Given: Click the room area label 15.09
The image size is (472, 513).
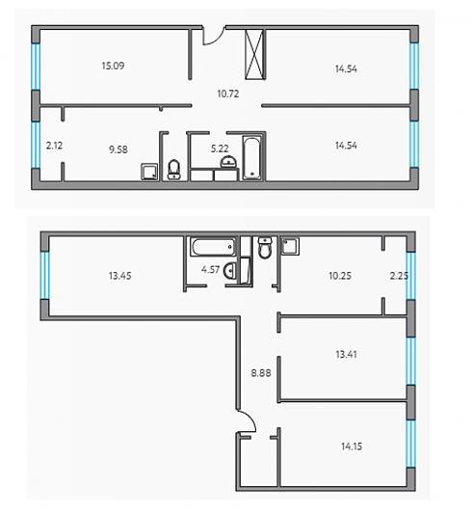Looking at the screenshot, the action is coord(113,66).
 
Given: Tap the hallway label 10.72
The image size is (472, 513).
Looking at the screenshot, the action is coord(228,94).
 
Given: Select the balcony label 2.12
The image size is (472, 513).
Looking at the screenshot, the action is coord(54,146).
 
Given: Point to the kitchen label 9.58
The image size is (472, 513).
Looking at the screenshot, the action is coord(118,149).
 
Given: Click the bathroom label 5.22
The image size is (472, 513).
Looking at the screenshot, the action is coord(220,148).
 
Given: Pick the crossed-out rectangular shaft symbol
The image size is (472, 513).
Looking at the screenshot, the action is coord(254,54).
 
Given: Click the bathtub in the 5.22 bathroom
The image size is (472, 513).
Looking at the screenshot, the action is coord(251,158).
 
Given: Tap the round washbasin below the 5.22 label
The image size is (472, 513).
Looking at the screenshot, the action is coord(229,162).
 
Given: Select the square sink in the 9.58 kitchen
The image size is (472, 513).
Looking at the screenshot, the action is coord(149,172).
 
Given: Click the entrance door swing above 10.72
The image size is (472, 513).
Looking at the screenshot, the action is coord(213,36).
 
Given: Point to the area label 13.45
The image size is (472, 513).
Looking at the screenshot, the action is coord(120,276).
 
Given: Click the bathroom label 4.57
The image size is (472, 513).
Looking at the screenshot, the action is coord(210,270).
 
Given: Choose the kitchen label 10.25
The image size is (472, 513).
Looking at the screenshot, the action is coord(340,276).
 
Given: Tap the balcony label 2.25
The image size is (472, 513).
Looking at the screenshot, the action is coord(399,276).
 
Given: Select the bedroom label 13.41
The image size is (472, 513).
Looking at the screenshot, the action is coord(346,354).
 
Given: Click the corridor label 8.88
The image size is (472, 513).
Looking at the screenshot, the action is coord(261,372).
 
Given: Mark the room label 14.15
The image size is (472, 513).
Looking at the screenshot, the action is coord(352,446).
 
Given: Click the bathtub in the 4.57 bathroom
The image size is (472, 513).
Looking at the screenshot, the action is coord(213,247).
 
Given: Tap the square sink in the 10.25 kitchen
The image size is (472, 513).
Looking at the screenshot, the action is coord(290,246).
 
